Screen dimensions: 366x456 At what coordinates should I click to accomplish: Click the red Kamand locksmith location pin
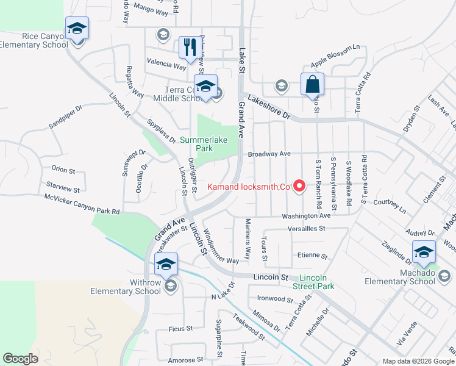click(299, 185)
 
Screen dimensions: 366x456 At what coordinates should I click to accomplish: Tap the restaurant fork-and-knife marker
click(190, 46)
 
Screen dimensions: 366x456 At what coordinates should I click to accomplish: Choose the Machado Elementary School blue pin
click(424, 251)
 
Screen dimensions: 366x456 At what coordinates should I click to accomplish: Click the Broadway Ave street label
click(269, 154)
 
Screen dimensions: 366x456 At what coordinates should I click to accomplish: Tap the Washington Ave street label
click(306, 216)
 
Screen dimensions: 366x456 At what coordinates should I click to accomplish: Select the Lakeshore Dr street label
click(269, 111)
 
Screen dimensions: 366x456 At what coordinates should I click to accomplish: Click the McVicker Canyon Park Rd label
click(82, 204)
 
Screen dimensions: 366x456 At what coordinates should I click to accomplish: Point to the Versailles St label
click(307, 229)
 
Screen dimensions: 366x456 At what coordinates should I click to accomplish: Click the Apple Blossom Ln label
click(335, 56)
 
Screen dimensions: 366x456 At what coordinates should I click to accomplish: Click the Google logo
click(20, 359)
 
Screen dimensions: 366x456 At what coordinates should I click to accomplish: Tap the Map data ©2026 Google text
click(418, 361)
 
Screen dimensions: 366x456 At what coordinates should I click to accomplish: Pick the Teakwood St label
click(249, 326)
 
